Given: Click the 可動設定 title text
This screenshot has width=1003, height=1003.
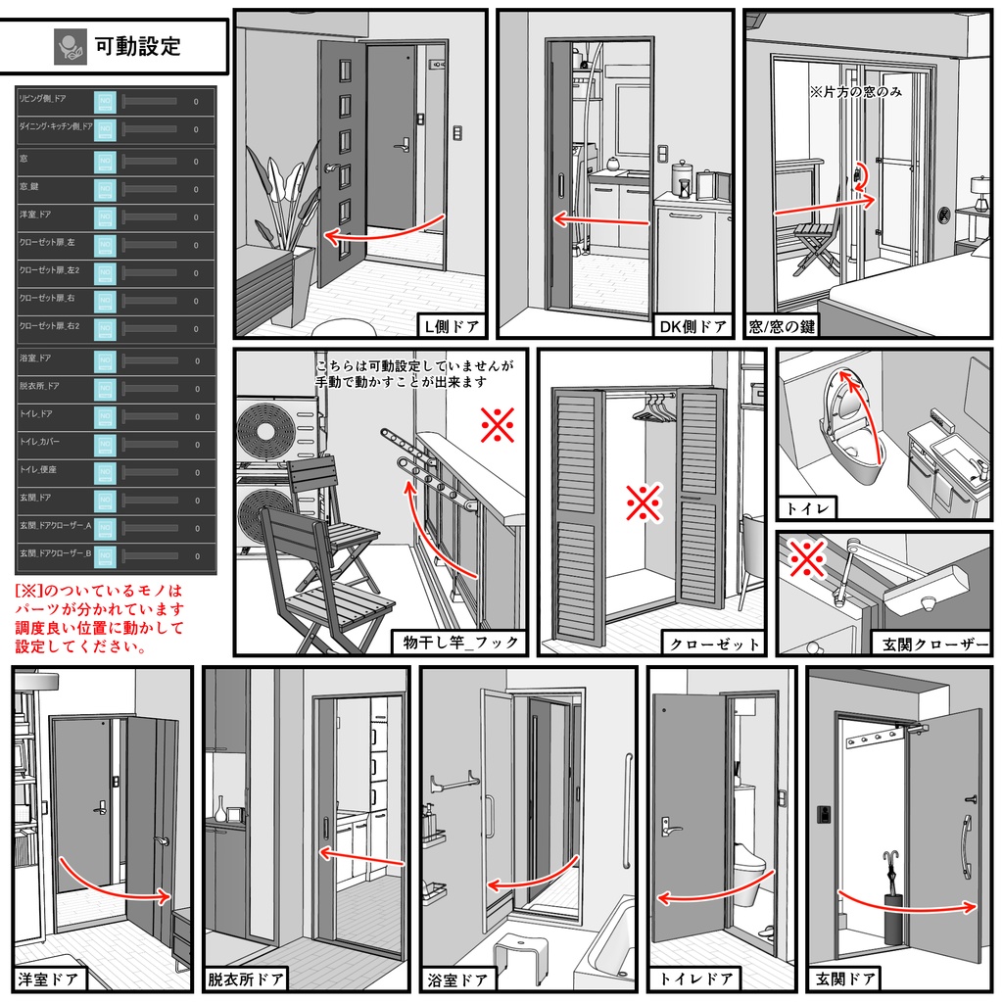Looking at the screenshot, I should (x=137, y=45).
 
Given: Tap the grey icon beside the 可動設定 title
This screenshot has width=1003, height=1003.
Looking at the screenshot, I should (x=70, y=45).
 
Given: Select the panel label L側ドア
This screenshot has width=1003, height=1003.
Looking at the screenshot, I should (x=451, y=325).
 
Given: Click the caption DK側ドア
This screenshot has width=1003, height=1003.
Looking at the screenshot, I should (x=693, y=325).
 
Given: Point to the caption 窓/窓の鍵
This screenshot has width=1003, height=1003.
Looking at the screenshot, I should (x=781, y=325).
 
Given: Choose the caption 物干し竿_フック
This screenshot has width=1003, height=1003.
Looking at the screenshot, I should (x=459, y=644).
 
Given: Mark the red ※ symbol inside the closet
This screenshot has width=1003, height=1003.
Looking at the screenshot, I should (x=644, y=504).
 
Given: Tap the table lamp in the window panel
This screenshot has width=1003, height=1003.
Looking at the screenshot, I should (x=979, y=191).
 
